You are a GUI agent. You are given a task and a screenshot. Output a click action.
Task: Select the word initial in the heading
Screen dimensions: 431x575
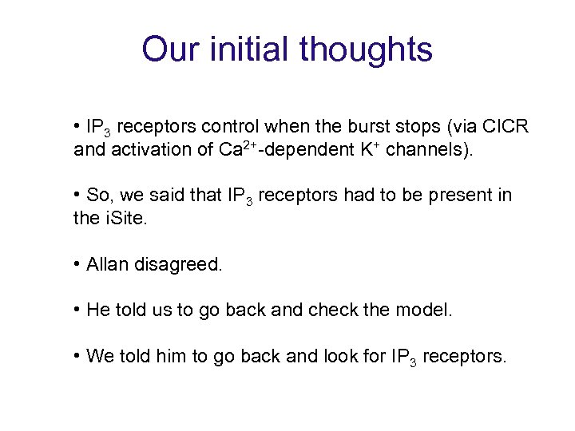252,49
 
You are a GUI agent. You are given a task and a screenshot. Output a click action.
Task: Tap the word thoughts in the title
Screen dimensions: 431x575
367,49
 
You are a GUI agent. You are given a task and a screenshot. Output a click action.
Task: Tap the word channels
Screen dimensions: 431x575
427,149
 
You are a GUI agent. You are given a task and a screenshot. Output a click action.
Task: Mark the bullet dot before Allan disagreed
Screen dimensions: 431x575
77,264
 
